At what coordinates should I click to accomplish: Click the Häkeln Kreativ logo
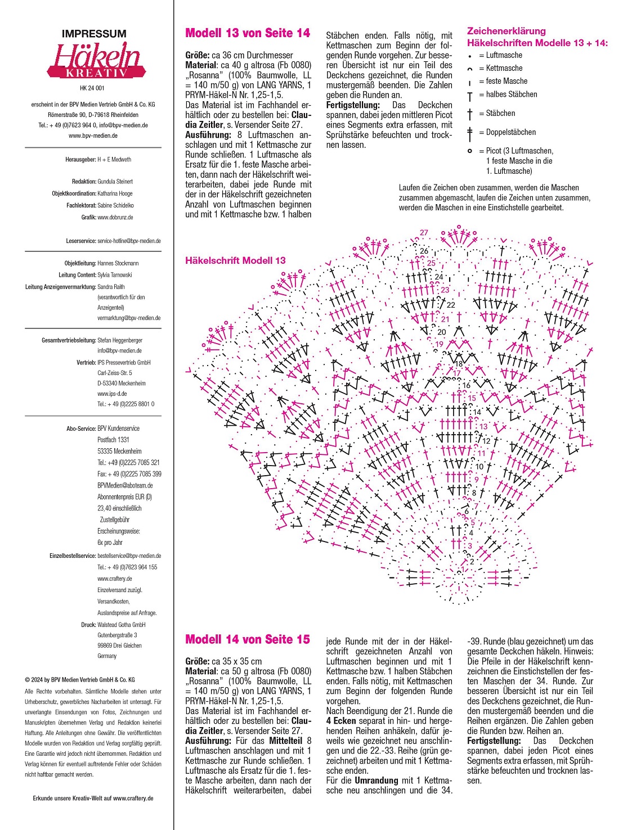click(96, 60)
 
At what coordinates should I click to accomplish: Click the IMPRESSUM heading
click(94, 34)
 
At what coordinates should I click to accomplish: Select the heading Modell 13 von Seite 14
click(248, 33)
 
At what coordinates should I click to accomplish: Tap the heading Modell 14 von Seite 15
click(248, 639)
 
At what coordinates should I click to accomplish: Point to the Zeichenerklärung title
click(506, 31)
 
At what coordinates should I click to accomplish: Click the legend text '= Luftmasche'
click(500, 55)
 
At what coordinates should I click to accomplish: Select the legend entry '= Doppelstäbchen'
click(507, 132)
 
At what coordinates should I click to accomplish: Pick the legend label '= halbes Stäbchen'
click(508, 94)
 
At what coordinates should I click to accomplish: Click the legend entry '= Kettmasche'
click(500, 68)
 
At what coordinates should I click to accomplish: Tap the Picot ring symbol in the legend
click(470, 151)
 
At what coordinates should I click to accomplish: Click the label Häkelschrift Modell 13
click(235, 260)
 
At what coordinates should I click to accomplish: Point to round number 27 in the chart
click(424, 232)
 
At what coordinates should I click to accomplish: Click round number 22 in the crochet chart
click(451, 305)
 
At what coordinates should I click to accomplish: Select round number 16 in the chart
click(466, 386)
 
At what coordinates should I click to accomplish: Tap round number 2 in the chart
click(472, 561)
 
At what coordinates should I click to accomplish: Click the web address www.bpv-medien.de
click(93, 136)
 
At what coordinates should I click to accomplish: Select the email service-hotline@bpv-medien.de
click(129, 241)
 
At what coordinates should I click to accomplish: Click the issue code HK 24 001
click(92, 88)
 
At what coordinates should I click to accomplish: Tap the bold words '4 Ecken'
click(341, 721)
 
